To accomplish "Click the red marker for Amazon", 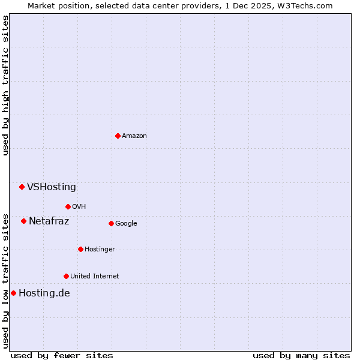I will point(118,136).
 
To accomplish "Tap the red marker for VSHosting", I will point(22,187).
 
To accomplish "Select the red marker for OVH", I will point(68,206).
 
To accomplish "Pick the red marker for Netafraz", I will point(23,221).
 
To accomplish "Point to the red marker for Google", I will point(111,223).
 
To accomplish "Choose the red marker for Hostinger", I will point(80,249).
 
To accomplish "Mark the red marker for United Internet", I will point(66,276).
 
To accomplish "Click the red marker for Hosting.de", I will point(13,293).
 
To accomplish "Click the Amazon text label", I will point(134,136).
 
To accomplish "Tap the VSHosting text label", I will point(52,187).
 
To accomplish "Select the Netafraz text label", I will point(49,221).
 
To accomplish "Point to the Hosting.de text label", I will point(44,293).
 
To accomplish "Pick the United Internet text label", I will point(94,277).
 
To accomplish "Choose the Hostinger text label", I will point(100,250).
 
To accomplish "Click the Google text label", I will point(126,224).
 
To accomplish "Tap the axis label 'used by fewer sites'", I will point(62,355).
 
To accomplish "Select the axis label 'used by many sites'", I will point(301,355).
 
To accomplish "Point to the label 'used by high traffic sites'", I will point(5,85).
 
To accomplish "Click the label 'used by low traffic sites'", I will point(5,281).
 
